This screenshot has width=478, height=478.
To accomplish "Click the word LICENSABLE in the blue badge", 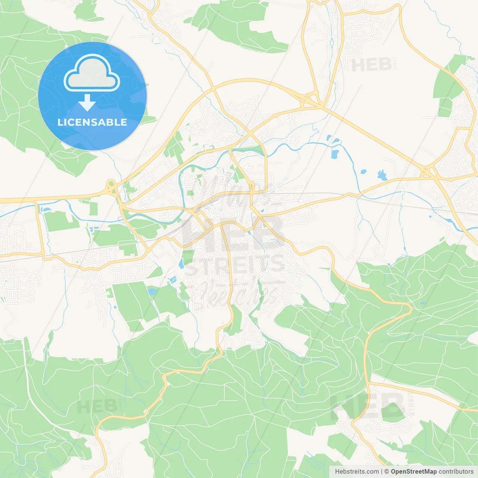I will (x=92, y=122).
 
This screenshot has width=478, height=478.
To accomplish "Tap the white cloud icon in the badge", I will (x=92, y=73).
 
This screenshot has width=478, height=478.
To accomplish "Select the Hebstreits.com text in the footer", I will (x=357, y=472).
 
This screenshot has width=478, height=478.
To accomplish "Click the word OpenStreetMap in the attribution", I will (x=413, y=472).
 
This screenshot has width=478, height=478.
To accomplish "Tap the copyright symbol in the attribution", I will (x=387, y=472).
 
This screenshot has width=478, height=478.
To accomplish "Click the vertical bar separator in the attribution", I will (x=382, y=472).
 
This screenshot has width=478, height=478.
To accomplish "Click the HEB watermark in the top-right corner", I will (x=371, y=65).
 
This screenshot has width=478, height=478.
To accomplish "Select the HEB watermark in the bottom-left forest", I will (x=97, y=406).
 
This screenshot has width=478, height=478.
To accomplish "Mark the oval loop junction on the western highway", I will (x=111, y=187).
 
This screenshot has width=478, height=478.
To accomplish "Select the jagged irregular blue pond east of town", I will (x=382, y=175).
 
